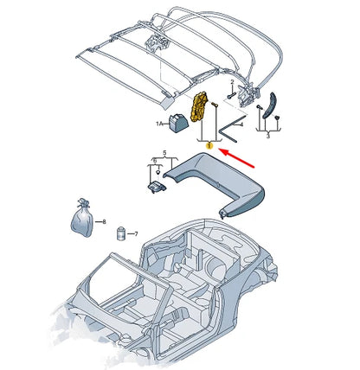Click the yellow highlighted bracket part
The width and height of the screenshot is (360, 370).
point(201,109)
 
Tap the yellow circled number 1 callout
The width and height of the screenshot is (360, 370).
point(209,147)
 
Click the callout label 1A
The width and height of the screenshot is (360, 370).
point(159,124)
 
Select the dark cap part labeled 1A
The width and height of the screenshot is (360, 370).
point(177,123)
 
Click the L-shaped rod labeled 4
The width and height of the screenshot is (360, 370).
point(227,125)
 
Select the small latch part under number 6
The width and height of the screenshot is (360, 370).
point(156,184)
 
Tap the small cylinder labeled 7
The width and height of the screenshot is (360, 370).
point(120,231)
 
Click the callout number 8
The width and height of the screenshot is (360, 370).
point(104,222)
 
